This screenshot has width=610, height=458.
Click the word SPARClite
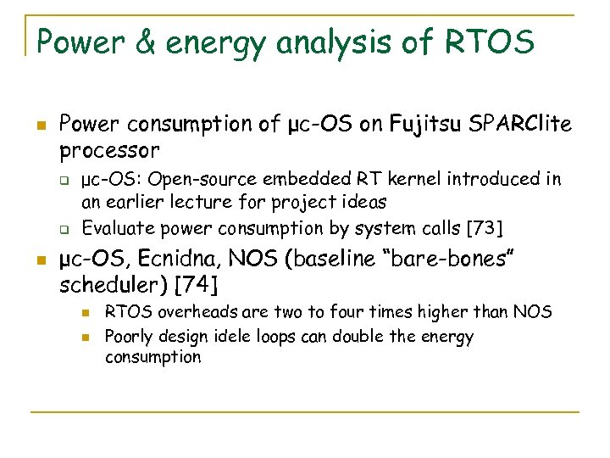pos(523,125)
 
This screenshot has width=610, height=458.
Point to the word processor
pos(109,151)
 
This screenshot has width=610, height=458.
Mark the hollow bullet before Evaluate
pos(63,228)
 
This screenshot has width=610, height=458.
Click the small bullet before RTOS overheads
pos(86,313)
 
